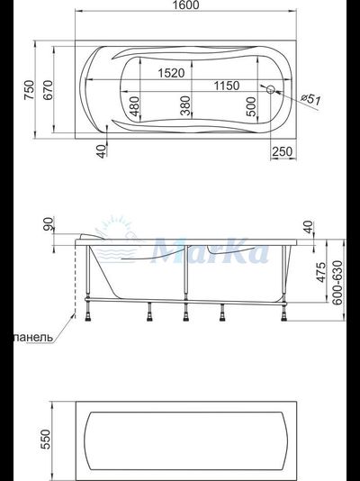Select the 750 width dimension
29,90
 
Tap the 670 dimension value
48,90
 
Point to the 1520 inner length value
171,73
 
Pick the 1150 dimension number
227,86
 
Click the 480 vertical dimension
134,106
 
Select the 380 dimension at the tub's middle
185,105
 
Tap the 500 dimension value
250,106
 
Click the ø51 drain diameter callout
310,99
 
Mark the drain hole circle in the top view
270,89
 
